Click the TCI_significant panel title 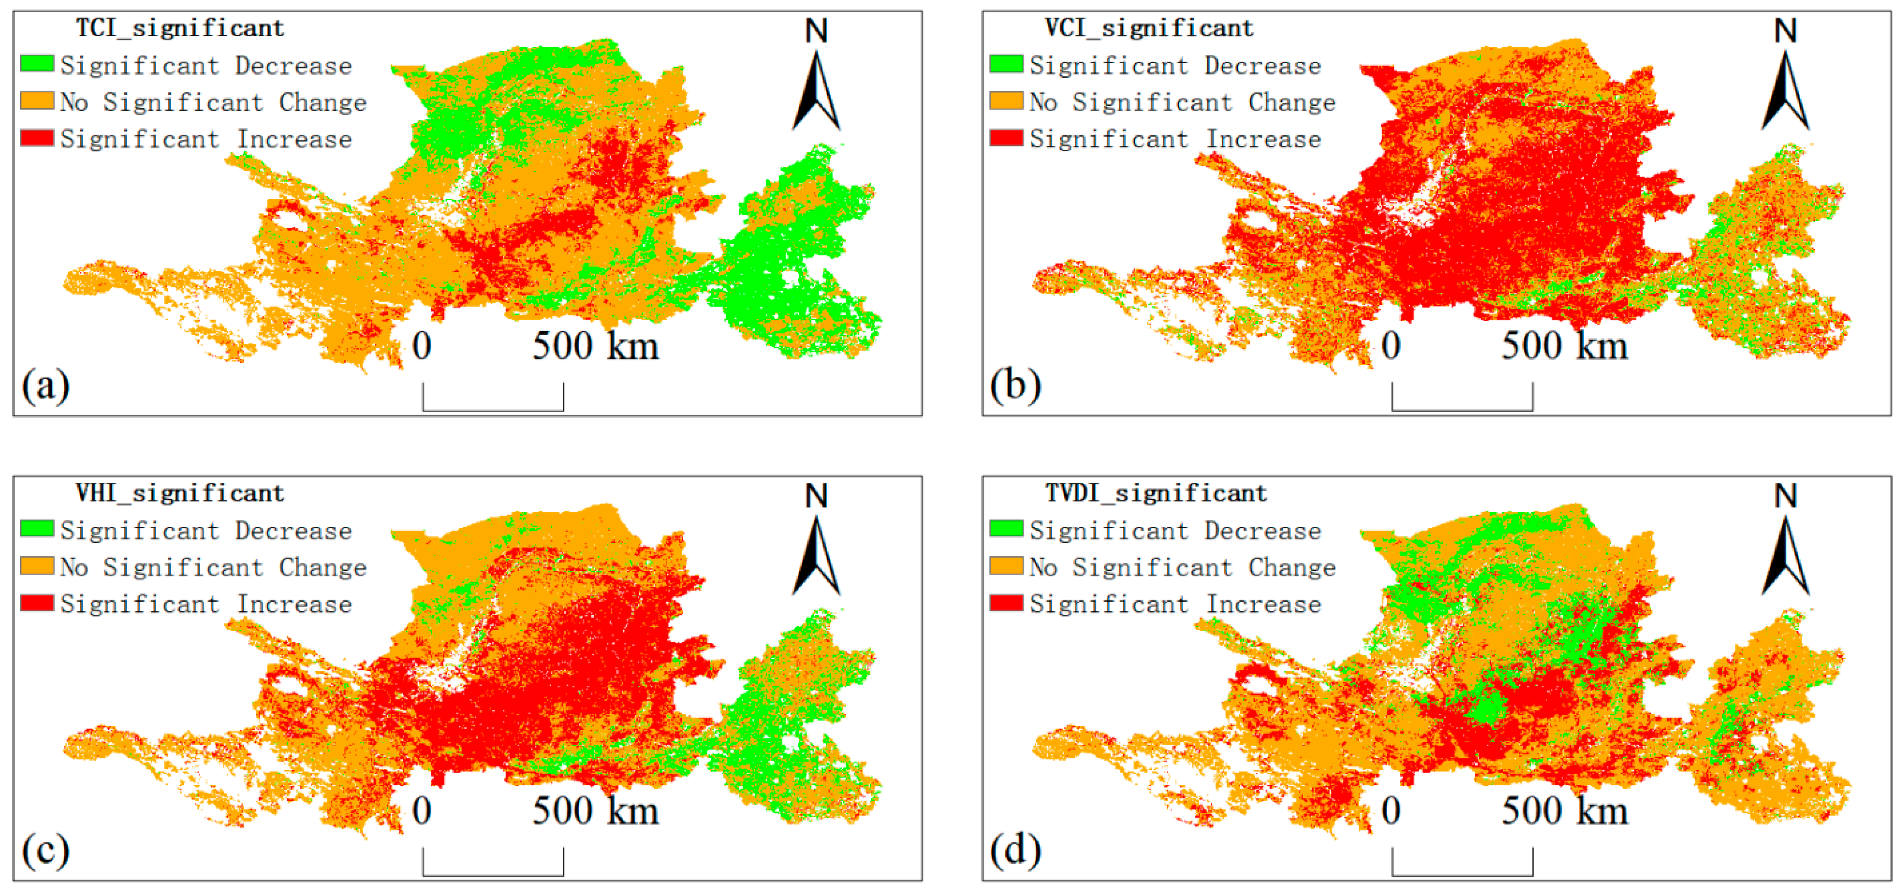click(180, 28)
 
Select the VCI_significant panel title click(1149, 28)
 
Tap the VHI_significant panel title click(180, 493)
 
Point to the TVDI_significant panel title click(1155, 493)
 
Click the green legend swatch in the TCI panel click(37, 64)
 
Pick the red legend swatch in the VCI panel click(1006, 138)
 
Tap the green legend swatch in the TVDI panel click(1006, 529)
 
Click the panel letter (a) click(46, 385)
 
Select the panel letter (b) click(1016, 385)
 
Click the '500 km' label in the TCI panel click(595, 346)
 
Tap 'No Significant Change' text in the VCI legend click(1183, 102)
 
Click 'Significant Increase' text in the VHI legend click(206, 604)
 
